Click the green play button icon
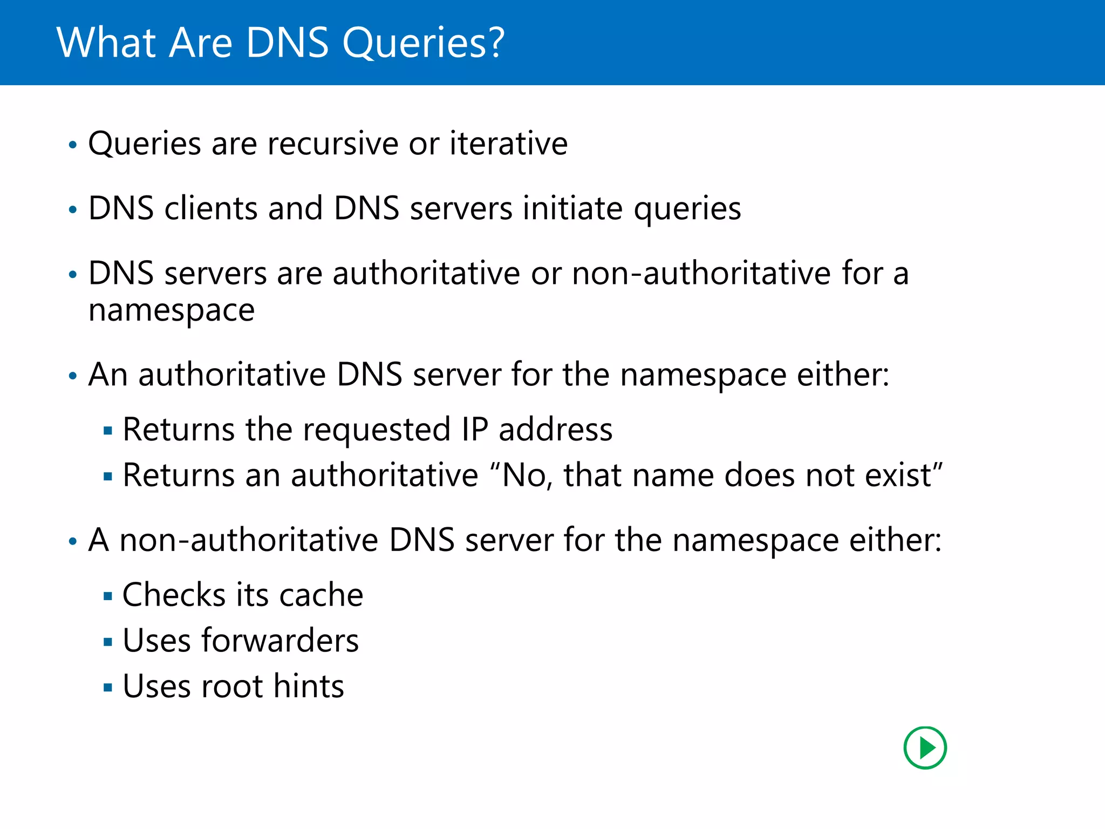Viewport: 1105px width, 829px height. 925,748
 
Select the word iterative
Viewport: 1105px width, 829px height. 508,144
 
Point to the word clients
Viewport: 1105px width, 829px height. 211,209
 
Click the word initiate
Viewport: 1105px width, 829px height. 573,209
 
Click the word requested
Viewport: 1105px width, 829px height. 377,430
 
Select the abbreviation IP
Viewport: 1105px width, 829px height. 475,430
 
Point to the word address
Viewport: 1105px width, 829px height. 556,430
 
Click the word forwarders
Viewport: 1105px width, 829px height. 280,641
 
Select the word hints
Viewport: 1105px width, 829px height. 309,687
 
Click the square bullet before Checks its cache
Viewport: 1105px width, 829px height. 108,596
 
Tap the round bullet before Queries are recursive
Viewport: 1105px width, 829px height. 73,145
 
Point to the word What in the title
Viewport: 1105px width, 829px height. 106,43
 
